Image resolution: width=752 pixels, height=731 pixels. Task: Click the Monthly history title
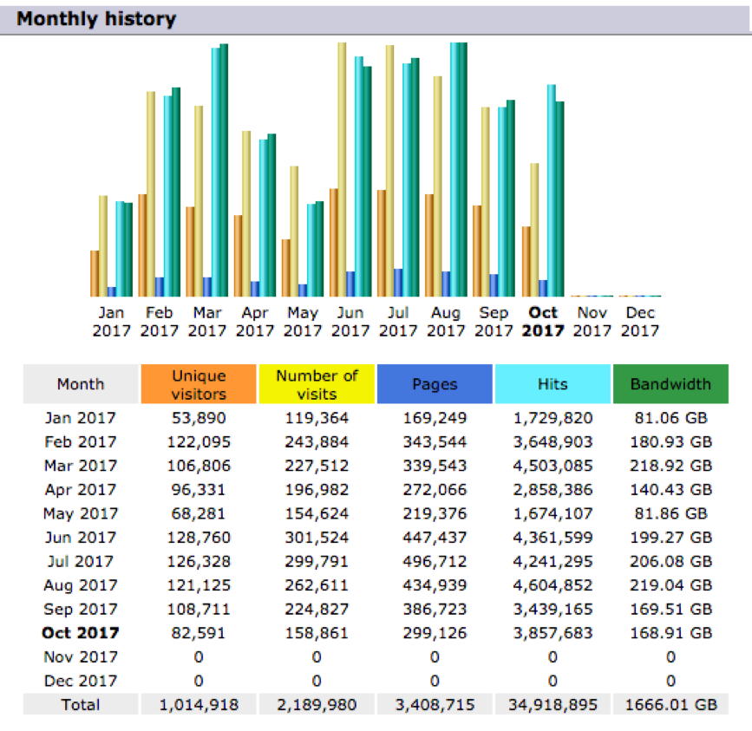pyautogui.click(x=96, y=18)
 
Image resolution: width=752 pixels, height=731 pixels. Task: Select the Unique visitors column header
pyautogui.click(x=199, y=384)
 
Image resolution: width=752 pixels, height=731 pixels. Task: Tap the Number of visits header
pyautogui.click(x=317, y=384)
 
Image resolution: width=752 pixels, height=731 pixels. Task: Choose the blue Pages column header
pyautogui.click(x=435, y=384)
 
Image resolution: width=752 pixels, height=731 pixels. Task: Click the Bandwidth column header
pyautogui.click(x=670, y=384)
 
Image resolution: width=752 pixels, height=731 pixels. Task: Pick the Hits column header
pyautogui.click(x=553, y=384)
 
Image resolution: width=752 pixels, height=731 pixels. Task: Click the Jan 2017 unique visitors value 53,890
pyautogui.click(x=199, y=418)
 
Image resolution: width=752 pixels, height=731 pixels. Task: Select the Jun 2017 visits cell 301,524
pyautogui.click(x=317, y=538)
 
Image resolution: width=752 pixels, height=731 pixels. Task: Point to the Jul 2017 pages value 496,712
pyautogui.click(x=435, y=561)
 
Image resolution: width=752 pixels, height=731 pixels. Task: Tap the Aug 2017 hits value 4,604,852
pyautogui.click(x=553, y=585)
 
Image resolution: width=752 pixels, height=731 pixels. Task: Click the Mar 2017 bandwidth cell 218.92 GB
pyautogui.click(x=670, y=466)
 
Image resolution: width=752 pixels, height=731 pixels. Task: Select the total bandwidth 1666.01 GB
pyautogui.click(x=670, y=705)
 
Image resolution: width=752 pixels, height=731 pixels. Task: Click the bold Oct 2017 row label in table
pyautogui.click(x=81, y=633)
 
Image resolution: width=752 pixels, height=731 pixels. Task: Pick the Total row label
pyautogui.click(x=81, y=705)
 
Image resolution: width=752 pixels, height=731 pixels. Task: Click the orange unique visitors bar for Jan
pyautogui.click(x=95, y=273)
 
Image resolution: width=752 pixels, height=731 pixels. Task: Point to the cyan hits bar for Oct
pyautogui.click(x=551, y=191)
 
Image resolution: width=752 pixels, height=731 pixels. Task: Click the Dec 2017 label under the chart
pyautogui.click(x=640, y=321)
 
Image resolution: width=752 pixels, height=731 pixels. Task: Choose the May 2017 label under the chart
pyautogui.click(x=303, y=321)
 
